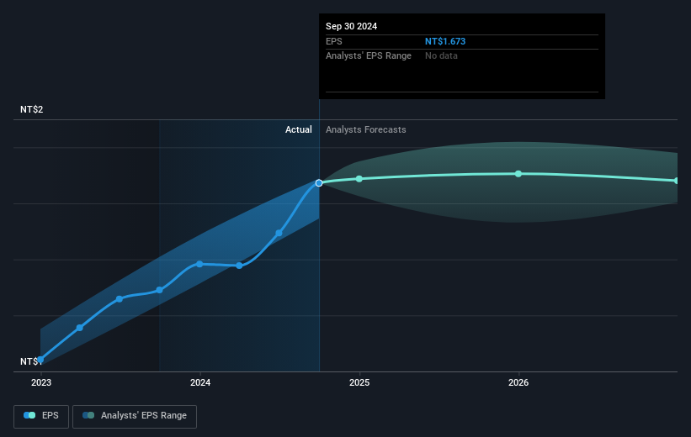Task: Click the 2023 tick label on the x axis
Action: pyautogui.click(x=40, y=382)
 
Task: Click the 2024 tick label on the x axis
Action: pyautogui.click(x=200, y=382)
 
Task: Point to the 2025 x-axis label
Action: pyautogui.click(x=359, y=382)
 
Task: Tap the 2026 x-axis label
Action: pyautogui.click(x=518, y=382)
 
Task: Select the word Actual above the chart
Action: pyautogui.click(x=298, y=129)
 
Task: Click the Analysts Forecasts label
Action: pyautogui.click(x=365, y=129)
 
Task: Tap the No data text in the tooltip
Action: pyautogui.click(x=442, y=55)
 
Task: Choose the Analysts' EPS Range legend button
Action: pyautogui.click(x=135, y=415)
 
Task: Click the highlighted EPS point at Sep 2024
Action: pyautogui.click(x=319, y=182)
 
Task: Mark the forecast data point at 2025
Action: pyautogui.click(x=359, y=178)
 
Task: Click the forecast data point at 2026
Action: pyautogui.click(x=518, y=173)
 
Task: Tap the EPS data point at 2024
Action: pyautogui.click(x=199, y=264)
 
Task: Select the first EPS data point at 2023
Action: pyautogui.click(x=40, y=359)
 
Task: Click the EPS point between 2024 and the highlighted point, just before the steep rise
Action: pyautogui.click(x=279, y=233)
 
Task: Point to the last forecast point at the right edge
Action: pyautogui.click(x=676, y=181)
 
